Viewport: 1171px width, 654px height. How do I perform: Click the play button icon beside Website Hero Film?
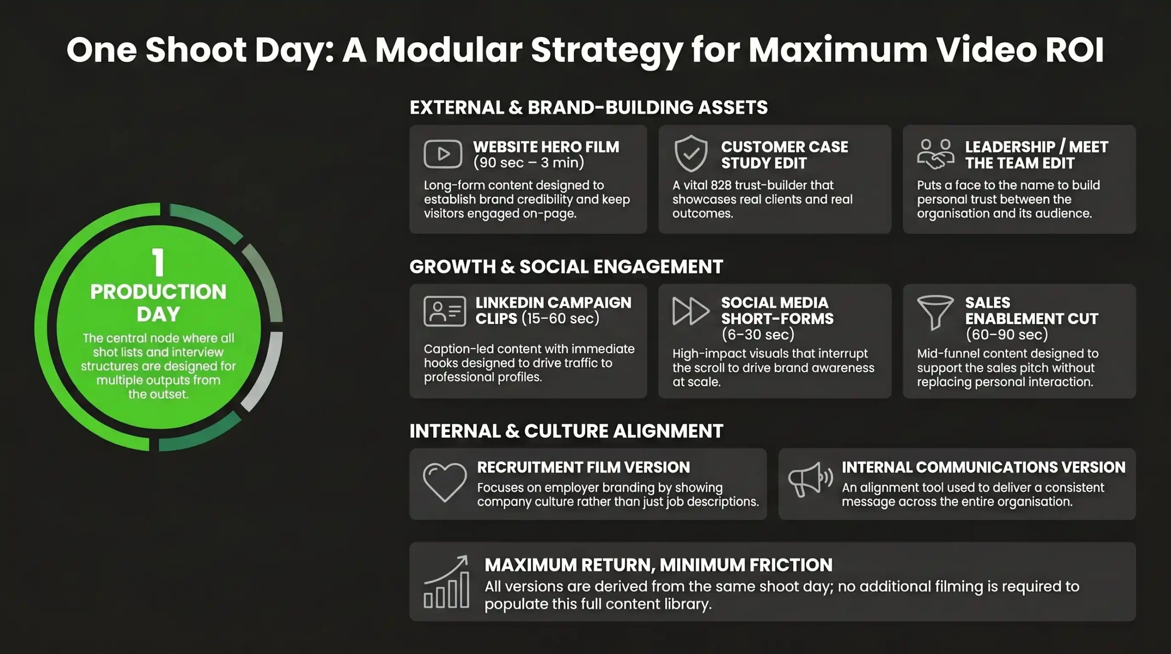(x=443, y=154)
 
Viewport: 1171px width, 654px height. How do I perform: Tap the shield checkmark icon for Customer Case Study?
(x=691, y=154)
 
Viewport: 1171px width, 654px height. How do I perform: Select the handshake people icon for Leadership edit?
(x=935, y=155)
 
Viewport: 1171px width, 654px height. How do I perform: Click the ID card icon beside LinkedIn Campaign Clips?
(x=445, y=311)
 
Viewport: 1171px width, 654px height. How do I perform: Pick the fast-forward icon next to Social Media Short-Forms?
(x=691, y=311)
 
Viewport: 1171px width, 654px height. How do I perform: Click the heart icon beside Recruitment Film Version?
(x=445, y=482)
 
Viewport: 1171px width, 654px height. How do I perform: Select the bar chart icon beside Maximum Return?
(x=446, y=582)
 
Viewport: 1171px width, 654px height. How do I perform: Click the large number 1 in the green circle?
(x=158, y=262)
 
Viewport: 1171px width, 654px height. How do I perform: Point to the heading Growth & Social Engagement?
(x=566, y=267)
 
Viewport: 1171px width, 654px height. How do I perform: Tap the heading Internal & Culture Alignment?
(x=566, y=431)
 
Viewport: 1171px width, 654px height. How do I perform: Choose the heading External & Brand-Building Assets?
(x=589, y=108)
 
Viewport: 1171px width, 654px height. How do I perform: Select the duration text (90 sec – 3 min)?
(x=529, y=162)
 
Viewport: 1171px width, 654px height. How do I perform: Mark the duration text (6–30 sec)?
(x=758, y=335)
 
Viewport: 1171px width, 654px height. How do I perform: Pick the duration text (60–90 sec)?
(x=1007, y=335)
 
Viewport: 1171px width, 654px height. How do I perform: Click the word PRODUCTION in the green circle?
(x=158, y=292)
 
